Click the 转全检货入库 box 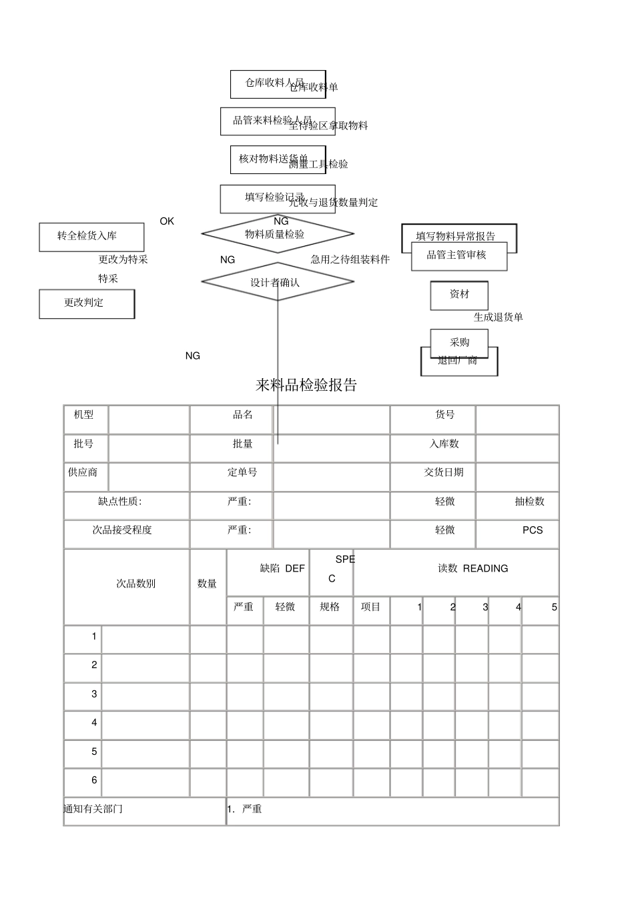coord(91,237)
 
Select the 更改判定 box coord(87,303)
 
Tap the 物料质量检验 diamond coord(277,234)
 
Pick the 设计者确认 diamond coord(277,282)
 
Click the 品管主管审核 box coord(458,256)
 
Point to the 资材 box coord(459,295)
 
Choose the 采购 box coord(459,343)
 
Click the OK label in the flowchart coord(167,221)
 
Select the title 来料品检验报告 coord(306,385)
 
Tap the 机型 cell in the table coord(84,415)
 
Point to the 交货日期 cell coord(444,472)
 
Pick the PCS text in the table coord(533,530)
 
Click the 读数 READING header coord(472,569)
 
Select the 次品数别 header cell coord(135,584)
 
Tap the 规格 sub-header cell coord(330,607)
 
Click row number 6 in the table coord(94,780)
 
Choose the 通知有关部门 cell coord(94,809)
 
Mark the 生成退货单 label coord(498,317)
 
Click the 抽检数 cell coord(529,502)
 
